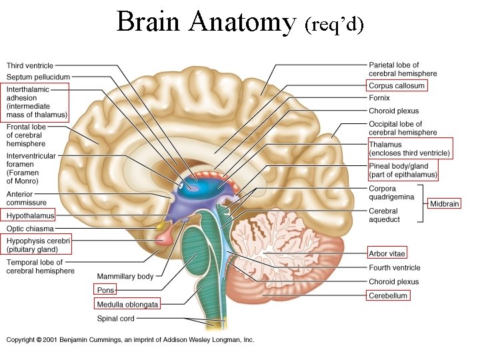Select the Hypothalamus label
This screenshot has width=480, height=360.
tap(30, 216)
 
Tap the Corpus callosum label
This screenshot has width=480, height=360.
tap(396, 86)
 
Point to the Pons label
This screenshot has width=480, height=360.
tap(105, 290)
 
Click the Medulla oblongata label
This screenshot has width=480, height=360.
tap(127, 305)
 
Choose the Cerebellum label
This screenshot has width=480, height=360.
tap(388, 295)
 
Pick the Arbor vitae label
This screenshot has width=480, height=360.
tap(387, 253)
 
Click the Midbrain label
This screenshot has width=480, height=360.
tap(444, 203)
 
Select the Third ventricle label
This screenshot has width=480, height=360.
tap(30, 65)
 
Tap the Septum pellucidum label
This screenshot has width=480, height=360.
tap(38, 77)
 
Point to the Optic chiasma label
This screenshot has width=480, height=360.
tap(30, 229)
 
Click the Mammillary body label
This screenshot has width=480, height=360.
tap(125, 276)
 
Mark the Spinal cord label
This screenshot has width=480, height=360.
tap(117, 319)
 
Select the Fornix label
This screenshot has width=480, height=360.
tap(379, 98)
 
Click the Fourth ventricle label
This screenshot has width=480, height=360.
tap(395, 268)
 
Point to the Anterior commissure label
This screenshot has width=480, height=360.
tap(27, 198)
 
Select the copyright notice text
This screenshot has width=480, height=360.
tap(130, 339)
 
